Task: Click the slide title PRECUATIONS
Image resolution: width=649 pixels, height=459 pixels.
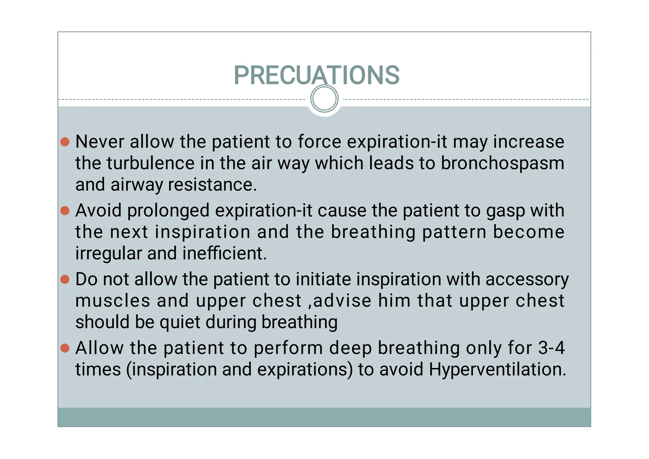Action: tap(317, 75)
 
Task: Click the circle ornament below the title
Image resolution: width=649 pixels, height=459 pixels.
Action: tap(324, 99)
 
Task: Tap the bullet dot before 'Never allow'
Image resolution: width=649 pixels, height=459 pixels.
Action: tap(65, 142)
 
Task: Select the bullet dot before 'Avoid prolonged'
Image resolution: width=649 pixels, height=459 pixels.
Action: tap(65, 211)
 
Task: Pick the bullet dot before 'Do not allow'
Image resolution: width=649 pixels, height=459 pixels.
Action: tap(65, 279)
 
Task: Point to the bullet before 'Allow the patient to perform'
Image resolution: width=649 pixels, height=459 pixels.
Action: tap(65, 348)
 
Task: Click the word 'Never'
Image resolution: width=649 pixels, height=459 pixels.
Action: tap(100, 142)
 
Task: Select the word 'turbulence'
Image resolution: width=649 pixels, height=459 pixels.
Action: tap(151, 163)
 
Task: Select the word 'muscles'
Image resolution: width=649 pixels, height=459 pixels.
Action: tap(113, 301)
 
